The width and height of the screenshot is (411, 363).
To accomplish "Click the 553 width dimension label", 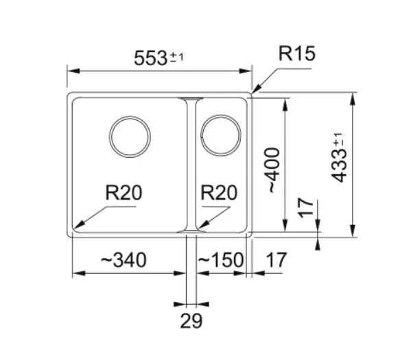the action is (x=150, y=58).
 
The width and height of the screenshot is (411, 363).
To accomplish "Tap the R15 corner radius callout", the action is (x=296, y=54).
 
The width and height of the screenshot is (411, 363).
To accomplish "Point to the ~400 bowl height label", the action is (x=274, y=170).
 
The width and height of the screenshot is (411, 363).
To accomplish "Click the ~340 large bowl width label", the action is (x=124, y=260).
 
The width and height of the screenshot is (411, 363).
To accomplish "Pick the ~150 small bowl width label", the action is (x=221, y=260).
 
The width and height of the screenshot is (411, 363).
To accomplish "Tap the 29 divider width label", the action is (x=191, y=321).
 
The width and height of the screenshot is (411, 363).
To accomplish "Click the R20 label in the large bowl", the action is (x=124, y=193).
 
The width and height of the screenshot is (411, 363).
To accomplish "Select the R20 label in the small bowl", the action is (x=219, y=193).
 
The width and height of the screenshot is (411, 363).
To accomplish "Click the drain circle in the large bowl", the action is (x=130, y=117).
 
